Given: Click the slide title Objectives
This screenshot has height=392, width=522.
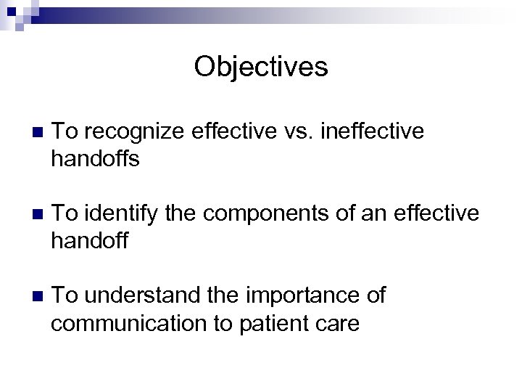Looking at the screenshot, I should point(261,68).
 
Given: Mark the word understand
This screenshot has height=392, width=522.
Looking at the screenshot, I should point(140,295).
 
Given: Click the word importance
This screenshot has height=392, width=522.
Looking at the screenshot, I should point(305,295).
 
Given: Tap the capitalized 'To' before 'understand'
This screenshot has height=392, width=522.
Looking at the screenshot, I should point(65,295).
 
